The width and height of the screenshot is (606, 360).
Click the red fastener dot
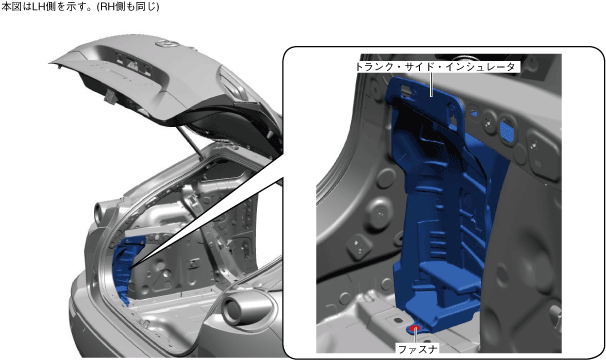point(415,328)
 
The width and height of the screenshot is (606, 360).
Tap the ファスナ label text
point(418,350)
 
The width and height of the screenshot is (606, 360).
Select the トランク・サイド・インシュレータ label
point(436,67)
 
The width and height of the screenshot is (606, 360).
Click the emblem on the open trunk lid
point(167,44)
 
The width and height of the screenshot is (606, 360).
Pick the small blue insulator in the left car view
point(126,268)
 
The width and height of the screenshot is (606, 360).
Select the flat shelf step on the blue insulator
point(448,273)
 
